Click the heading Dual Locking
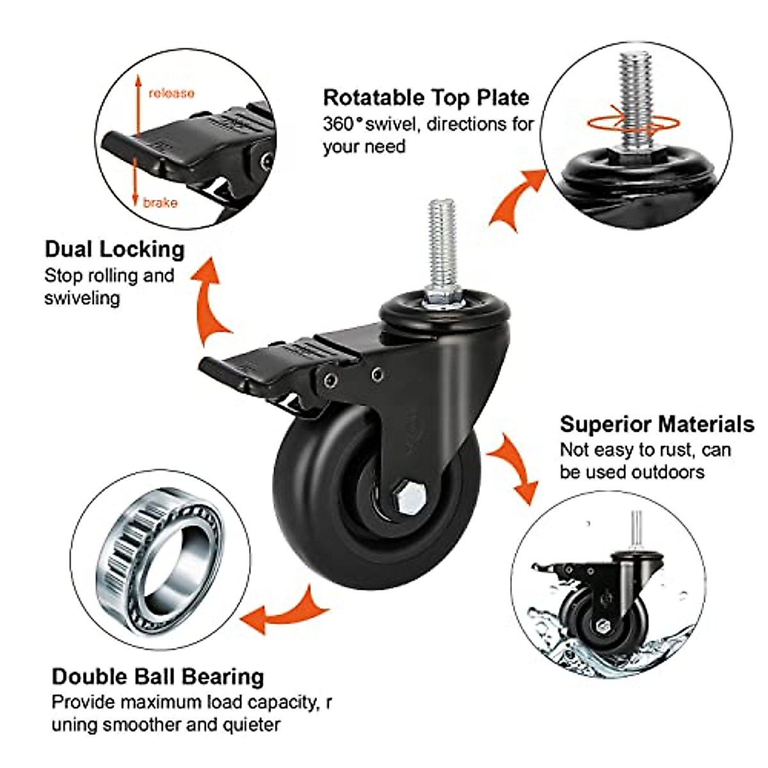pos(115,249)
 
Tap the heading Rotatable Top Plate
pos(426,97)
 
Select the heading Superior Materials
pos(657,424)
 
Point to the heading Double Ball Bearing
pos(157,676)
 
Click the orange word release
pos(171,93)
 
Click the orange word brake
pos(160,203)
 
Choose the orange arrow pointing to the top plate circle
pos(517,198)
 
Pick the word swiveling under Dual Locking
pos(82,298)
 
